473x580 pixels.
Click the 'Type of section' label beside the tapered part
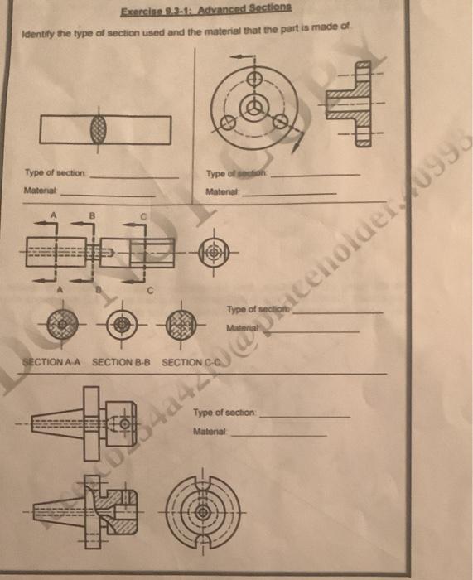(x=224, y=413)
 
